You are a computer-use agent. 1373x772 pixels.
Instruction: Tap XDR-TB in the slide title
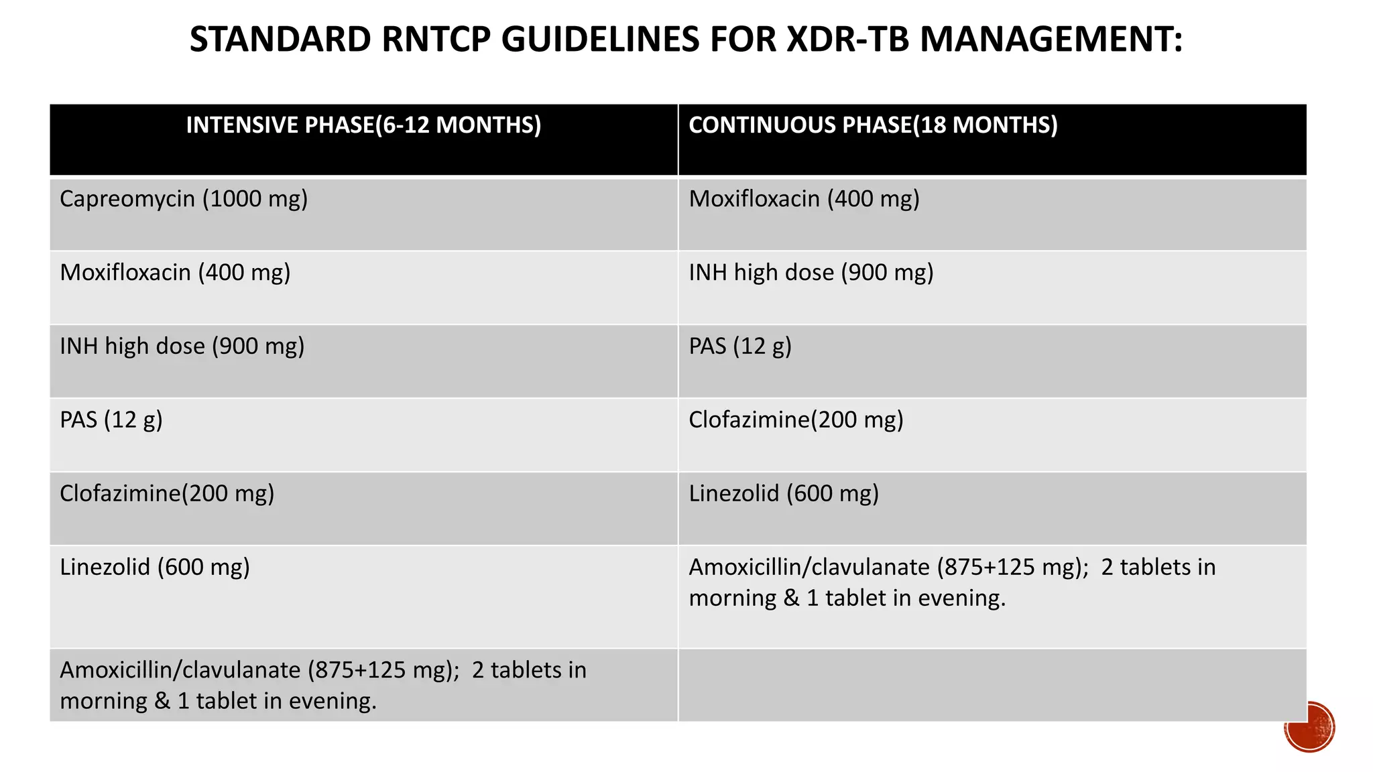coord(847,39)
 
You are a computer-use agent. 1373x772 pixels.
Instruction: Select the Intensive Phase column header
coord(363,125)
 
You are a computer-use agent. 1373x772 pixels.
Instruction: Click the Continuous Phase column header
coord(873,125)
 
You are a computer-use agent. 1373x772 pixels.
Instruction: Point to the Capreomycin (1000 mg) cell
coord(184,199)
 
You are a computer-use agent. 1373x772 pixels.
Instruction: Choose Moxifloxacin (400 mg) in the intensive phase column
coord(175,273)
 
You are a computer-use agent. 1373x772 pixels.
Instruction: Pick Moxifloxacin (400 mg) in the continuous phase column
coord(804,199)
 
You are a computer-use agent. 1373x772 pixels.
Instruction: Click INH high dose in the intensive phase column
coord(182,346)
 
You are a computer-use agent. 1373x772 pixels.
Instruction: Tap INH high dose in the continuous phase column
coord(811,273)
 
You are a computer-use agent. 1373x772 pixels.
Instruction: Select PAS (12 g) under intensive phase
coord(111,420)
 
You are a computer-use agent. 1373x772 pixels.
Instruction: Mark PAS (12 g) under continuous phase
coord(740,346)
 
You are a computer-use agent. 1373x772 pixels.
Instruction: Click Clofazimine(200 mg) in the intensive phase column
coord(167,494)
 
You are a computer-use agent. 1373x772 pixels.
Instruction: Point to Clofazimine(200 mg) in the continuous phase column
coord(796,420)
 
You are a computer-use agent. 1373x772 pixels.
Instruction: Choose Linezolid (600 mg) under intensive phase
coord(155,568)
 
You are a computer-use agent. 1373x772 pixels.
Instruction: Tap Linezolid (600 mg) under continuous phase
coord(784,494)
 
